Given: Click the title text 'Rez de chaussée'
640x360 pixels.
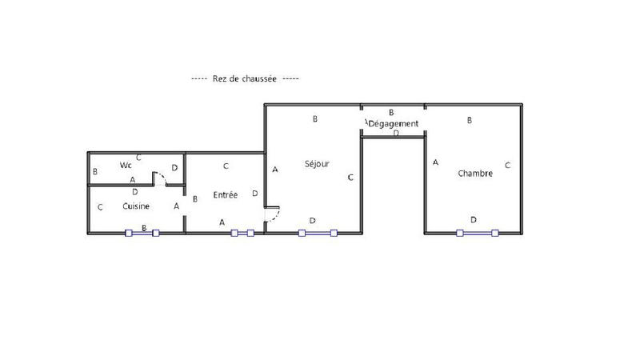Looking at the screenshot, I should [244, 79].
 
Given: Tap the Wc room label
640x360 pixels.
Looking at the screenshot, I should [126, 166].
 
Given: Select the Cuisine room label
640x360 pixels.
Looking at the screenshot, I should [136, 206].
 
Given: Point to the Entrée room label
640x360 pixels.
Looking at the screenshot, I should [225, 195].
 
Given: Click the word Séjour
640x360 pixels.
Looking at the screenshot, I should [317, 164].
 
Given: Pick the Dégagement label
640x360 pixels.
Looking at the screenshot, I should [394, 123].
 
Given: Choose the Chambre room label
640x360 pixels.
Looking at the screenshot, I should [475, 173].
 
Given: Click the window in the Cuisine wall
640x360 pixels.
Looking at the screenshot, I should [142, 234].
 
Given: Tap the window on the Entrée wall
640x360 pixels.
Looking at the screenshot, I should [242, 234].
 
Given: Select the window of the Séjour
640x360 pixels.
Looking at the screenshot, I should [318, 234].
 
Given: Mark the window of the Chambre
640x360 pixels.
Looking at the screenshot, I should [477, 234].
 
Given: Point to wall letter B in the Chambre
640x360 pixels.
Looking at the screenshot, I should [470, 120].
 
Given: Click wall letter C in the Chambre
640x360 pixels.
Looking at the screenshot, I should [507, 166].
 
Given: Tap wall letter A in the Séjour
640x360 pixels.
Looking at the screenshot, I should [275, 170].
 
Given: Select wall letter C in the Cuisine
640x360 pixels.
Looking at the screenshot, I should [100, 207].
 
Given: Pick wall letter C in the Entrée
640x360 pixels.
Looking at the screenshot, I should [226, 166].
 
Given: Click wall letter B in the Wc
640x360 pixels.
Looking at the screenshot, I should [95, 171].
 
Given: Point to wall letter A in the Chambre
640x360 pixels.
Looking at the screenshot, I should [435, 162].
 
